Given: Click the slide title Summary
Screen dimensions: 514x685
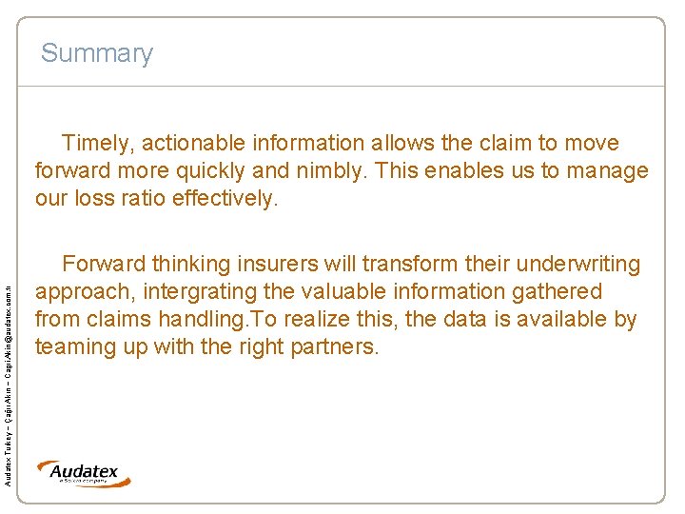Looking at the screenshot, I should pyautogui.click(x=96, y=53).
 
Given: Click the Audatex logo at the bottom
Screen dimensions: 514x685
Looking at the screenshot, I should pyautogui.click(x=84, y=473).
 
